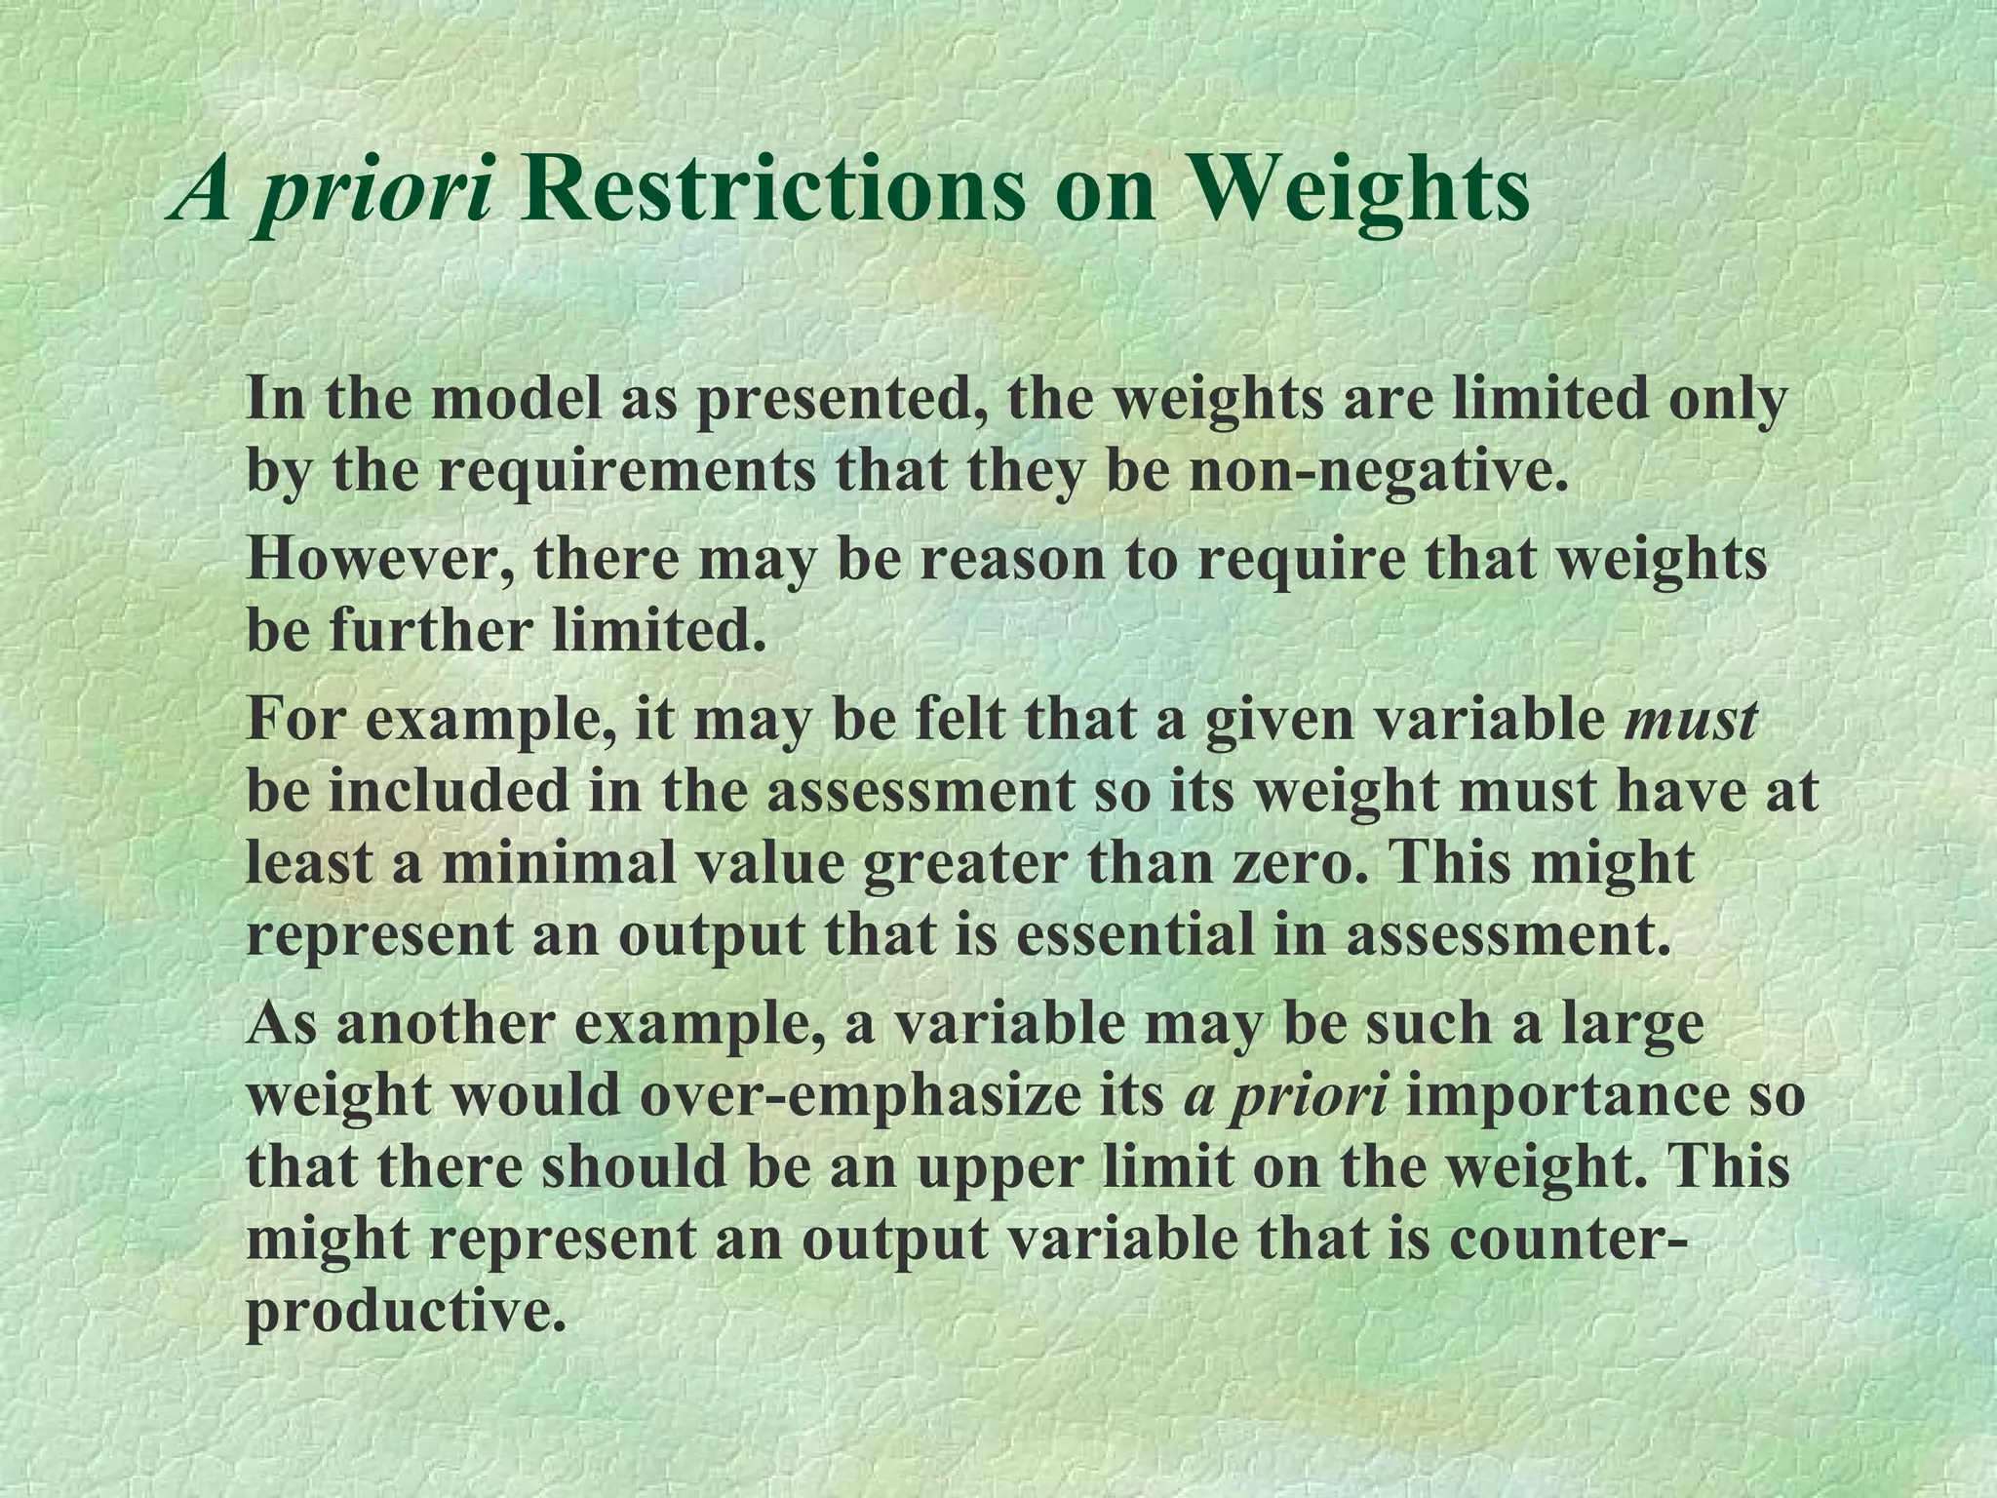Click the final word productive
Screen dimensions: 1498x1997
click(x=404, y=1312)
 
